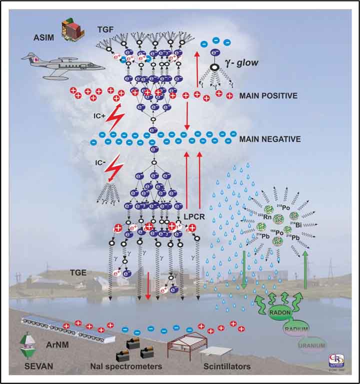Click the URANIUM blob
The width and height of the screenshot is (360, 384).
(310, 344)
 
